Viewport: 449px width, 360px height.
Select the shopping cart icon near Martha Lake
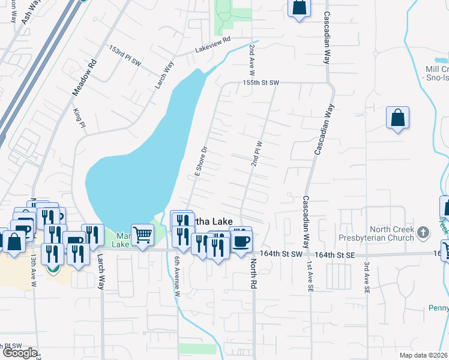click(x=142, y=235)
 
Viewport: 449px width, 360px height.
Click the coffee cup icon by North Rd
click(x=241, y=242)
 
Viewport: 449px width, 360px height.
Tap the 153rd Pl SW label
click(x=125, y=55)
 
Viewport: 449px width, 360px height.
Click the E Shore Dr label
click(x=200, y=161)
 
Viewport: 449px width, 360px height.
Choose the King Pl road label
click(x=78, y=117)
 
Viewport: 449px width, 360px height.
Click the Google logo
click(x=20, y=353)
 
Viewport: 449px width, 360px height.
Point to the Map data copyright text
click(x=423, y=355)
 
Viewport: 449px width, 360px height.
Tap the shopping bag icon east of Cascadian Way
click(x=397, y=118)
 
